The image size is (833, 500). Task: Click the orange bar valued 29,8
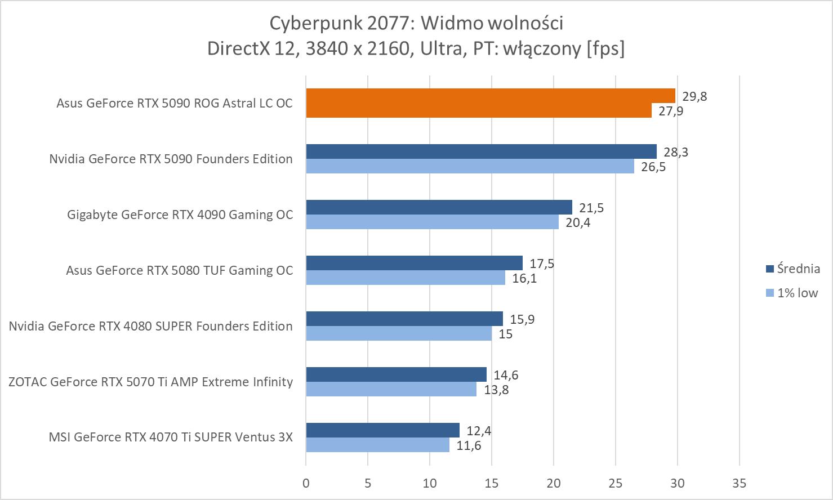[490, 96]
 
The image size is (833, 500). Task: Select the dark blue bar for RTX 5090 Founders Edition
[481, 151]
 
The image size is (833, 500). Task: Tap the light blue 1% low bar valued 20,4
[432, 222]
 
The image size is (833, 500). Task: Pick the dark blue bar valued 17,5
[414, 263]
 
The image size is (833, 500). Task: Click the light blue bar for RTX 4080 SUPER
[399, 334]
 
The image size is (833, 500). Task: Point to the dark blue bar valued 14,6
[396, 374]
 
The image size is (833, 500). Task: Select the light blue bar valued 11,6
[377, 445]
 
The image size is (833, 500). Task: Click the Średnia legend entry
[792, 269]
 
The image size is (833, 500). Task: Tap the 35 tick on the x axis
[740, 483]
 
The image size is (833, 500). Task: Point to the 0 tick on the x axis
[306, 483]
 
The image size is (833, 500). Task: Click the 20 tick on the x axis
[554, 483]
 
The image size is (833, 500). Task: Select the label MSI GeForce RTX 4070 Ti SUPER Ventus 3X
[171, 437]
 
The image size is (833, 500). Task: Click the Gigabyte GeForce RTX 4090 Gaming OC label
[180, 215]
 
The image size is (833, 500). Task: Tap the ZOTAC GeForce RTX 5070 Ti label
[150, 382]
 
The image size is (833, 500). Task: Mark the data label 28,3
[676, 152]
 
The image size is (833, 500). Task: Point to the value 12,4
[479, 431]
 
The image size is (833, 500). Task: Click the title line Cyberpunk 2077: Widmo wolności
[416, 23]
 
